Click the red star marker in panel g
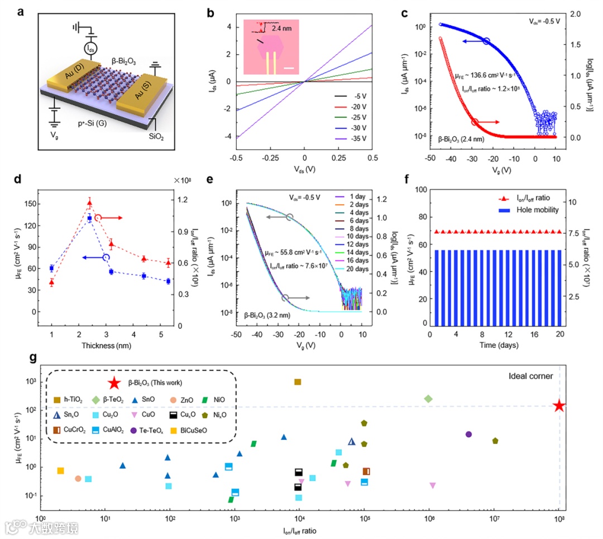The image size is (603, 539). [559, 406]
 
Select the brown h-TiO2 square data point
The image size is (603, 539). [298, 382]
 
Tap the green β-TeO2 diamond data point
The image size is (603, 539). [428, 398]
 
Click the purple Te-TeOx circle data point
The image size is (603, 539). [468, 434]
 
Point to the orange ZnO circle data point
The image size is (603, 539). [78, 478]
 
